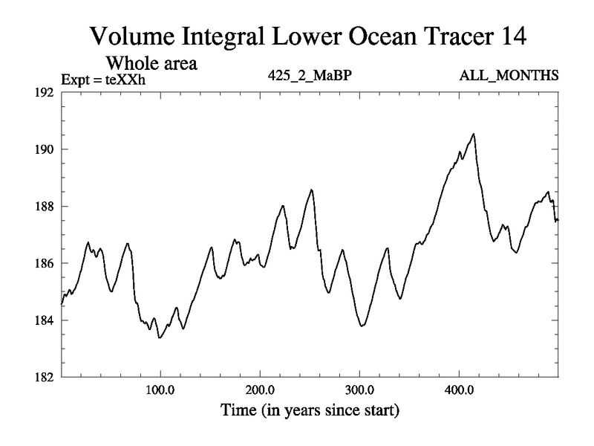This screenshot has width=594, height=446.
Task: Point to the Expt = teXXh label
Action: click(x=103, y=77)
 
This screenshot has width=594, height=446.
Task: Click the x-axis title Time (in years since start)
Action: click(x=309, y=410)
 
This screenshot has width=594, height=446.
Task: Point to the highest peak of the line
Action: click(x=473, y=134)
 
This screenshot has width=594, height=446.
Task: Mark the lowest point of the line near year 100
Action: click(x=159, y=337)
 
